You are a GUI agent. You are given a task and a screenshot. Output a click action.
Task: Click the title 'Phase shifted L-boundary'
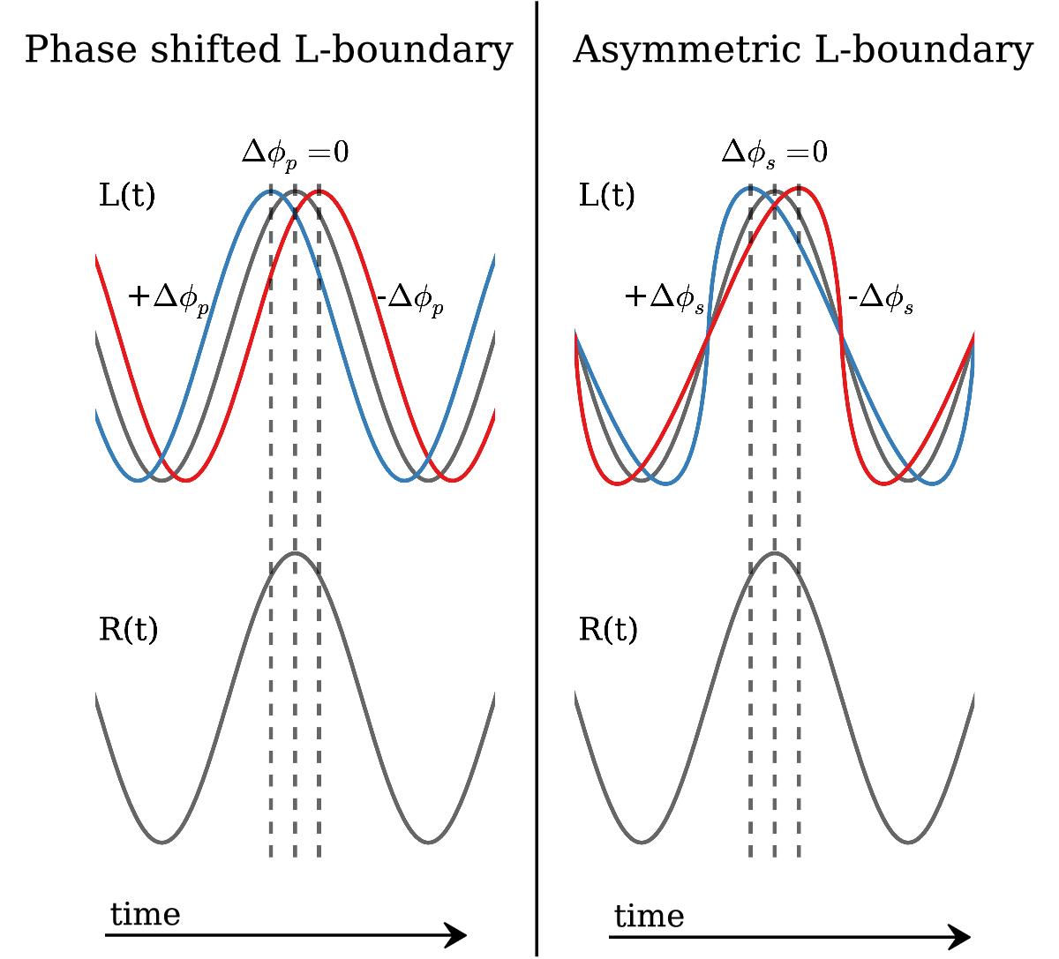pos(268,51)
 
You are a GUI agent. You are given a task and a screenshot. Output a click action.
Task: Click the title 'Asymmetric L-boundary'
pos(801,51)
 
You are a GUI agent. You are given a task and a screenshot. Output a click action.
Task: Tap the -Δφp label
pos(409,300)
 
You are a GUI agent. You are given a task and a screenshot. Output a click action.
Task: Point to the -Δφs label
pos(880,300)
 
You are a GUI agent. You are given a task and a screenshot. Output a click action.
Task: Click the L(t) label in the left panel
pos(126,197)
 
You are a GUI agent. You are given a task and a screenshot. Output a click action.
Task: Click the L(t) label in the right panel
pos(606,197)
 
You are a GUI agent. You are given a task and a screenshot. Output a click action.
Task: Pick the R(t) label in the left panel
pos(128,630)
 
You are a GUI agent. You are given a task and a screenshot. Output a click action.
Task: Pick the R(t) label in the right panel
pos(608,630)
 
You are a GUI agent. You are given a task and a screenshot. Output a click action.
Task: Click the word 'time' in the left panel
pos(145,915)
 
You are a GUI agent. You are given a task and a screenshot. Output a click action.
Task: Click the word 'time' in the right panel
pos(649,918)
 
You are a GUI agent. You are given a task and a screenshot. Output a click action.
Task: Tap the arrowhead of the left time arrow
pos(457,935)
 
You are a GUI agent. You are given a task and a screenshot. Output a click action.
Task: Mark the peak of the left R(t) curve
pos(295,553)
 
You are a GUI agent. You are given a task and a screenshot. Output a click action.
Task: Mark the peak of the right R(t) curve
pos(775,553)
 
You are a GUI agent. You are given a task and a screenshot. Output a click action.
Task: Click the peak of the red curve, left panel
pos(319,191)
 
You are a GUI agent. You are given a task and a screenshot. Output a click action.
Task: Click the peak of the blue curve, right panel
pos(749,188)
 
